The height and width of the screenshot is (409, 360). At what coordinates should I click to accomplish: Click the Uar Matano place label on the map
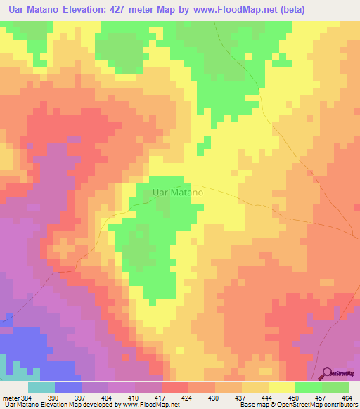(x=178, y=191)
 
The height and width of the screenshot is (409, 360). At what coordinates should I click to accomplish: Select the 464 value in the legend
(x=347, y=397)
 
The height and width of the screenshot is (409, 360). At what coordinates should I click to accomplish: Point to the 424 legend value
(x=186, y=397)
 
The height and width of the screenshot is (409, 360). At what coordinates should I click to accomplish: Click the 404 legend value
(x=106, y=397)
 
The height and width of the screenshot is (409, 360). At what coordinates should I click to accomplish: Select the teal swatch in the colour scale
(x=41, y=387)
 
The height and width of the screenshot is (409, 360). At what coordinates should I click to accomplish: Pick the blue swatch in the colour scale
(x=68, y=387)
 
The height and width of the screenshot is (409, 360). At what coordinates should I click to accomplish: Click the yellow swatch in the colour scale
(x=282, y=387)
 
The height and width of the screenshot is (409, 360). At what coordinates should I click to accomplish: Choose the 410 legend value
(x=133, y=397)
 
